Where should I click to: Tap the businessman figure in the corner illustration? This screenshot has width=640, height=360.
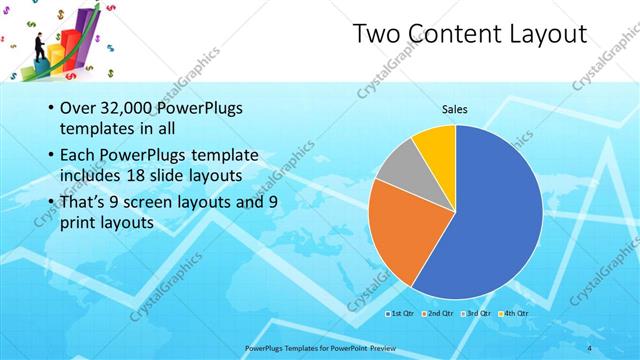pos(38,45)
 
